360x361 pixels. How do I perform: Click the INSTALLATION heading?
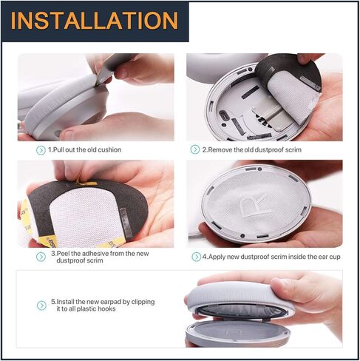pos(95,21)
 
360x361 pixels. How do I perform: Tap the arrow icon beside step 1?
pos(41,150)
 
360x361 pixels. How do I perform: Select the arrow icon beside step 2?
pos(195,149)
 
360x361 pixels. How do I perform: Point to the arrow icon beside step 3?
pos(41,257)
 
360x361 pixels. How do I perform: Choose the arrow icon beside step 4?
pos(197,257)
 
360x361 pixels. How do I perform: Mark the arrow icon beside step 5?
pos(41,306)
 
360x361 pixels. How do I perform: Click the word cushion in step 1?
pos(109,149)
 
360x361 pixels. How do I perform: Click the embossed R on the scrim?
pos(254,205)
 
